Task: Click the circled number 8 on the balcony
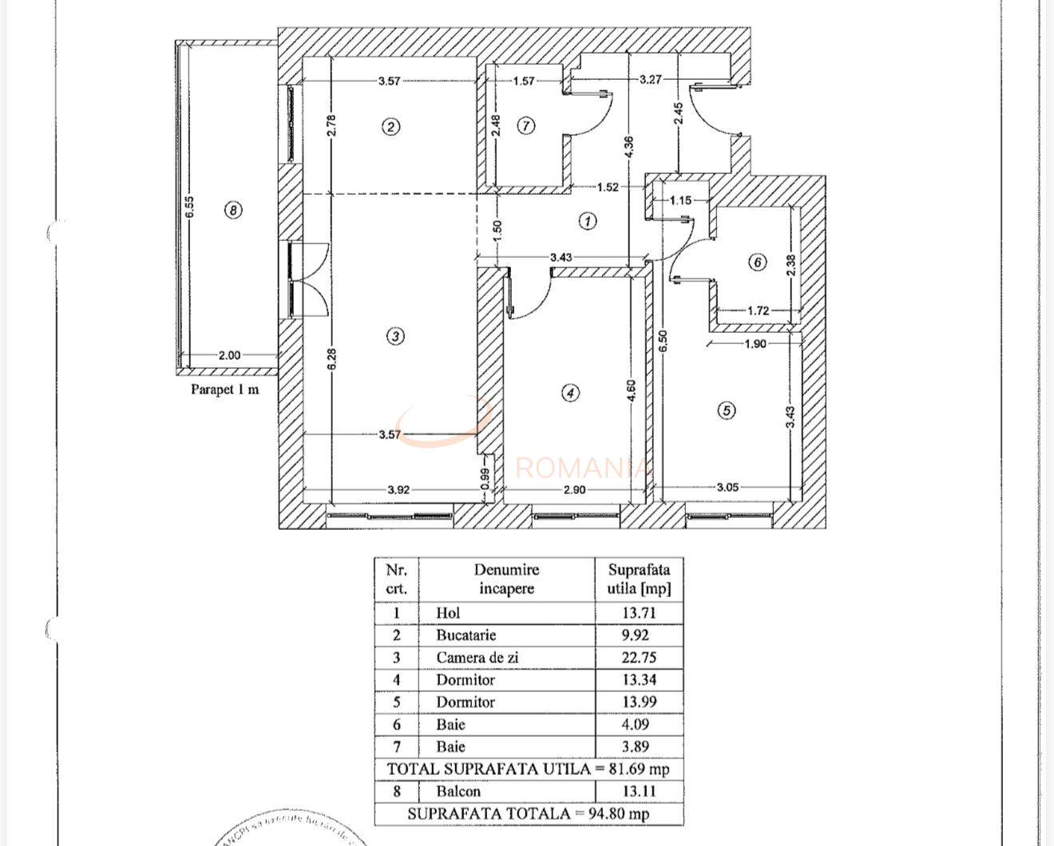tap(232, 210)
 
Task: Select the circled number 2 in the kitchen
tap(390, 126)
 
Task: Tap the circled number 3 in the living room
tap(395, 336)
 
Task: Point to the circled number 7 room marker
tap(526, 125)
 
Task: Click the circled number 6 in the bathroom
tap(758, 262)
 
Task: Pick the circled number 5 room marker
tap(726, 410)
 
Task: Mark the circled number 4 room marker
tap(570, 393)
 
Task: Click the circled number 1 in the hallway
tap(588, 221)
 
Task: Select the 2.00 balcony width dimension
tap(229, 355)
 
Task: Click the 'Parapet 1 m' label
tap(224, 389)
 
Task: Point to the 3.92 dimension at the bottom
tap(398, 489)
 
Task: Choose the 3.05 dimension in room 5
tap(727, 487)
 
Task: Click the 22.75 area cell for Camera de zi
tap(639, 658)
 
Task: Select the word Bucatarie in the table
tap(466, 635)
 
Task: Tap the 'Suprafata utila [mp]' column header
tap(639, 579)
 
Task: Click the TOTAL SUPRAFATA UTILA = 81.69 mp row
tap(528, 769)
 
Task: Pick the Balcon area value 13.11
tap(639, 792)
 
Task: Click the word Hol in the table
tap(448, 613)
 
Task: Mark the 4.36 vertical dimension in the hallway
tap(628, 146)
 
